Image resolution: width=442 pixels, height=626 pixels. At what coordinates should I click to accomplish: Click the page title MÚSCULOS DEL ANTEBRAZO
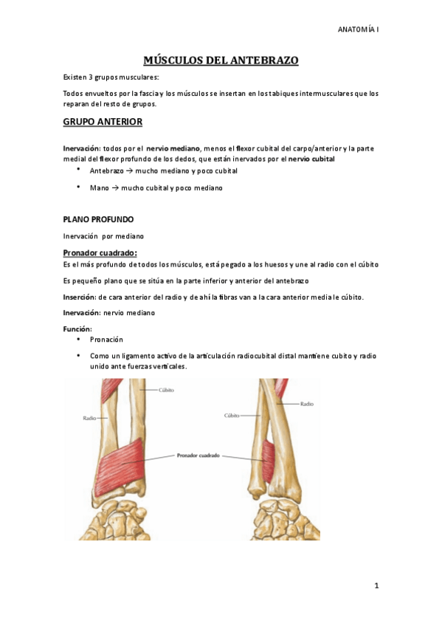[x=221, y=61]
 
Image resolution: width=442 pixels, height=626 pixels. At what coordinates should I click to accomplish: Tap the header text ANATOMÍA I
[x=358, y=30]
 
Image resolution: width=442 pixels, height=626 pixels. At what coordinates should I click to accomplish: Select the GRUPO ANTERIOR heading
[x=103, y=121]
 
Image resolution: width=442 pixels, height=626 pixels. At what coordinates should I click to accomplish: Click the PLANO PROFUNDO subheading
[x=98, y=219]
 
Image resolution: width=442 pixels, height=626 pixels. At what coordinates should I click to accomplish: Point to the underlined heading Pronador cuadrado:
[x=100, y=253]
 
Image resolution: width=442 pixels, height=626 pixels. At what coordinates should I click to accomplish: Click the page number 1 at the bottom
[x=376, y=585]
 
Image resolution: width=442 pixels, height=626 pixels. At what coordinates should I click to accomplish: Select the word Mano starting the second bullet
[x=99, y=188]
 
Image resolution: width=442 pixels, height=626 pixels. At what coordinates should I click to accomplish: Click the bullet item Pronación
[x=107, y=340]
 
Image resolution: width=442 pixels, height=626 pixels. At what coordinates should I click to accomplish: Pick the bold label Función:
[x=77, y=328]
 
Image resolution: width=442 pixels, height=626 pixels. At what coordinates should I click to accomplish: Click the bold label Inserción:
[x=80, y=297]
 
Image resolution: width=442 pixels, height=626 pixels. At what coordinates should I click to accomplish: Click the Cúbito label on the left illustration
[x=165, y=390]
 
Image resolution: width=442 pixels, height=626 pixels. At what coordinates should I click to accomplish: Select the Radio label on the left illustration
[x=89, y=418]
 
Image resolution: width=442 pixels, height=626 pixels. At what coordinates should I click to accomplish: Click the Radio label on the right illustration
[x=307, y=404]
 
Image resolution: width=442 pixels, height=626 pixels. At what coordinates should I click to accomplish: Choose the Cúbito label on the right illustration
[x=232, y=416]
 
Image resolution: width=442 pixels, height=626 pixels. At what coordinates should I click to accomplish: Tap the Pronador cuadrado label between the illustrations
[x=198, y=455]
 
